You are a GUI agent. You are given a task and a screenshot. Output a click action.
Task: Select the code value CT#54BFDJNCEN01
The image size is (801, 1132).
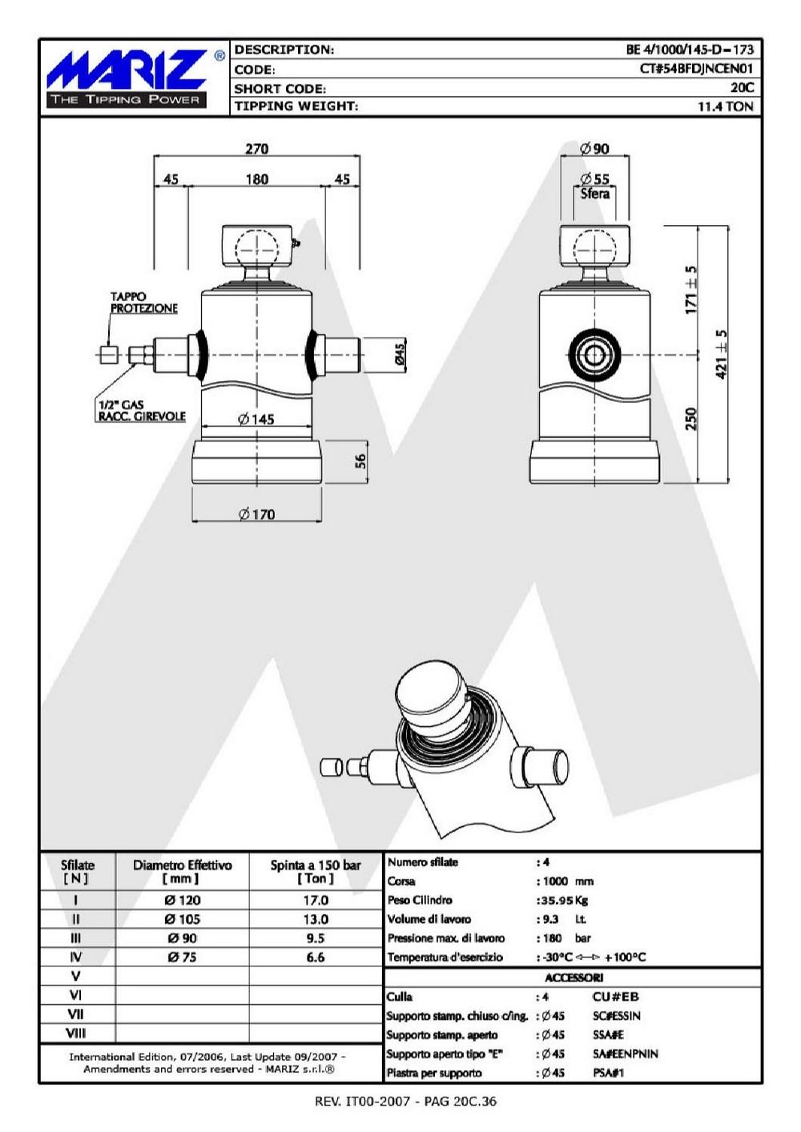click(696, 69)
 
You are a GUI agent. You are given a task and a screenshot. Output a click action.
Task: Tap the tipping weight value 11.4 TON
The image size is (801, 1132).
click(726, 106)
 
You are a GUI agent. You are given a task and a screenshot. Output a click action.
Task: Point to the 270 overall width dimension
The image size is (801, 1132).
click(257, 149)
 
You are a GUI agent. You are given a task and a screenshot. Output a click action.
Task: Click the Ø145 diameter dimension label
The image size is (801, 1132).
click(256, 419)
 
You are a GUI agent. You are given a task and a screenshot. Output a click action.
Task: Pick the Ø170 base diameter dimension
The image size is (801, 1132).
click(257, 514)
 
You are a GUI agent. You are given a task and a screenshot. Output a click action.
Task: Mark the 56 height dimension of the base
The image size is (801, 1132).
click(360, 461)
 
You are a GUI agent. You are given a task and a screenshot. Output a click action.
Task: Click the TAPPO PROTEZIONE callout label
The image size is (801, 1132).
click(144, 302)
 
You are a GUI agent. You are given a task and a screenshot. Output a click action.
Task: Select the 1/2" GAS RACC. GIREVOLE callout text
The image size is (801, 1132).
click(142, 411)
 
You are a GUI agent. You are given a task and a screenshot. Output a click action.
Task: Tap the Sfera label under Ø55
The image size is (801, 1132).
click(594, 194)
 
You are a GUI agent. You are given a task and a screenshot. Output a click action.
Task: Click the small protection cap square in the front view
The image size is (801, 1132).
click(107, 355)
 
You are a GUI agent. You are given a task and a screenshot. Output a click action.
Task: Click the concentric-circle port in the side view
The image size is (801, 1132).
click(594, 355)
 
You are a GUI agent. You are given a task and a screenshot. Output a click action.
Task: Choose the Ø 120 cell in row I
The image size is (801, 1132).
click(183, 900)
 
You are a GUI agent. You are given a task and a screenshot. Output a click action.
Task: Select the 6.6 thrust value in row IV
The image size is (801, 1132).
click(316, 957)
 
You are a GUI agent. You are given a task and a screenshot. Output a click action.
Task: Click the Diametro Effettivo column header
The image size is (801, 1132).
click(182, 871)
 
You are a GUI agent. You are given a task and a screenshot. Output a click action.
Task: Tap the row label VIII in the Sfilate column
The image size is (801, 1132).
click(76, 1033)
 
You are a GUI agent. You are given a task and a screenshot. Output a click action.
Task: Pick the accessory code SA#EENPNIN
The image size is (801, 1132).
click(626, 1054)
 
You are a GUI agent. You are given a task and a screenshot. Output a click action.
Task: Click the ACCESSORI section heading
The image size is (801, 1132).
click(574, 977)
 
